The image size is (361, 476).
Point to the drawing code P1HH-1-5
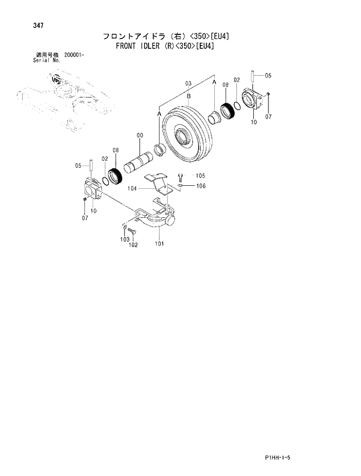[x=276, y=458]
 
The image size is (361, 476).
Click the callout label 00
[x=140, y=135]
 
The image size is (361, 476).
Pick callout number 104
[x=132, y=189]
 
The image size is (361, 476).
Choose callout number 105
[x=200, y=175]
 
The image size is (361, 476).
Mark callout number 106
[x=200, y=186]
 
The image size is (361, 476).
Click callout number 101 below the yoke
[x=158, y=244]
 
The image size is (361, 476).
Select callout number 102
[x=133, y=245]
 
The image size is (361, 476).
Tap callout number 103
[x=124, y=239]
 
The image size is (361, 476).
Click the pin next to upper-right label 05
[x=253, y=76]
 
